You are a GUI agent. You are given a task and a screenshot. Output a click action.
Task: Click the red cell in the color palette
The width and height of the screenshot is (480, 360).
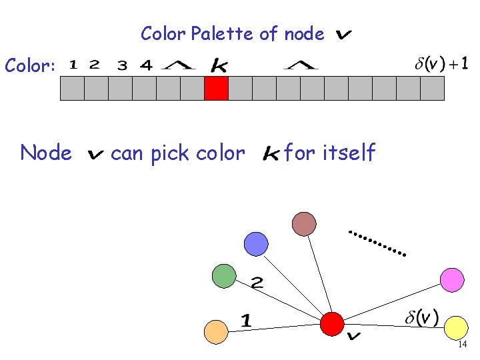pos(216,89)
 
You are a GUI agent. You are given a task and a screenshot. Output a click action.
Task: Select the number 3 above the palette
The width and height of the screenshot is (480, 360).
pos(122,65)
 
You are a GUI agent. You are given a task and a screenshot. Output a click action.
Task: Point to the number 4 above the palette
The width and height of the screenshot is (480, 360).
pos(146,65)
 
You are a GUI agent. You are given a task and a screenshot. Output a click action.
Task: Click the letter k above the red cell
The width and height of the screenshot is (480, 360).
pos(218,65)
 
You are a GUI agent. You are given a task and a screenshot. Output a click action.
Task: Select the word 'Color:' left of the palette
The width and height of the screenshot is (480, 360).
pos(30,65)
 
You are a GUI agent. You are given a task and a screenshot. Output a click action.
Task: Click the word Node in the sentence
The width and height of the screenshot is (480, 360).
pos(46,153)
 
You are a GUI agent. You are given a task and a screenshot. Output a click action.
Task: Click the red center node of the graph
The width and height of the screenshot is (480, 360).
pos(331,323)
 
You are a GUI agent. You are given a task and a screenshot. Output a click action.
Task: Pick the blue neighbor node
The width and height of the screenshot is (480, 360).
pos(256,244)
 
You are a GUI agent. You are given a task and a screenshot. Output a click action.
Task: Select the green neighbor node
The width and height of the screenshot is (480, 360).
pos(224,275)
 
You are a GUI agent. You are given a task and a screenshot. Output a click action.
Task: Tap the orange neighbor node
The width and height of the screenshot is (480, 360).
pos(215,331)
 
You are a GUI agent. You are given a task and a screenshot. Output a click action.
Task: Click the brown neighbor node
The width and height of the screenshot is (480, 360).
pos(304,223)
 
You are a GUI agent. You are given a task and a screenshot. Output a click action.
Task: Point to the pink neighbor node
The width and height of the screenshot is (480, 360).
pos(452,279)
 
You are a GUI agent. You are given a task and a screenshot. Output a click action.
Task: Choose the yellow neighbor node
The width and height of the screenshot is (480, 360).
pos(455,327)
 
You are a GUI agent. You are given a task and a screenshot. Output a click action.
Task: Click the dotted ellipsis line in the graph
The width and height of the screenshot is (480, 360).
pos(378,243)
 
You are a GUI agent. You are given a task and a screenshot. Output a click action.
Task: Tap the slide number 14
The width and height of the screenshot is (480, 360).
pos(462,344)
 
